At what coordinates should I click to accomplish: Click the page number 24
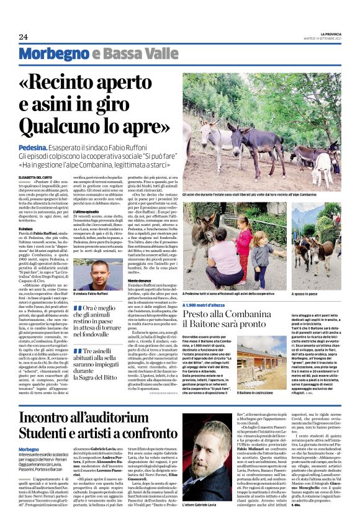point(24,37)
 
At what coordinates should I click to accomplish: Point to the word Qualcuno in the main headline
point(62,127)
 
